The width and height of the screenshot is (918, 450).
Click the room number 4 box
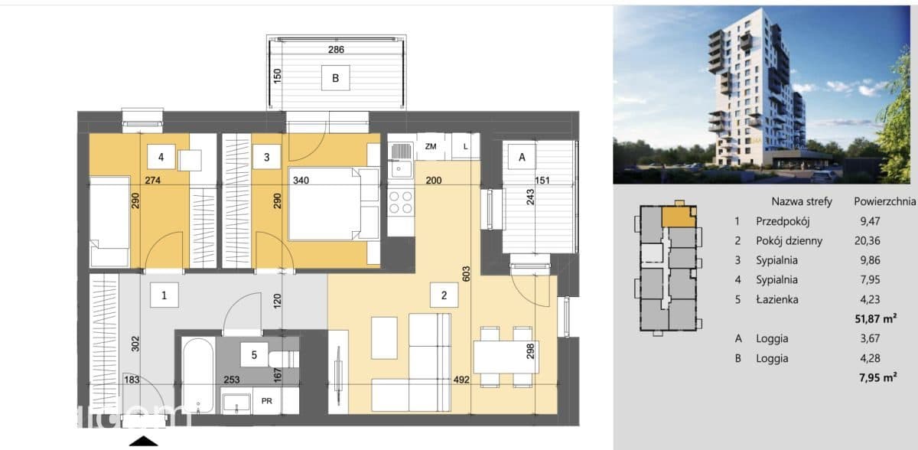[161, 157]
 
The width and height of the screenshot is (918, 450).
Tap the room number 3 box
[267, 157]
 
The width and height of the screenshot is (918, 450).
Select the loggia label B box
[336, 78]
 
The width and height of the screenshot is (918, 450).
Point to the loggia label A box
[522, 157]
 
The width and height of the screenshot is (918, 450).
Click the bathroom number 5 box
[254, 354]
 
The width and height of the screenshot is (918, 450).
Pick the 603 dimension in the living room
[466, 274]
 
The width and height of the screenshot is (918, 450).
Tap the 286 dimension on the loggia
[336, 50]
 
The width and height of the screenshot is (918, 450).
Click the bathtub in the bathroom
[198, 375]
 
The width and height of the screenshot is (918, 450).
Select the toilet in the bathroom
[284, 359]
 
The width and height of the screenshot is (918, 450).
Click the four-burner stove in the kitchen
[401, 203]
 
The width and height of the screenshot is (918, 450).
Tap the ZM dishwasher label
[430, 146]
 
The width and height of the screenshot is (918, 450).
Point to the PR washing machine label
[267, 401]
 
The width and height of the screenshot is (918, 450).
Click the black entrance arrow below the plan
[144, 441]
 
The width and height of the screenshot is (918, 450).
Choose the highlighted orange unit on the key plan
[679, 217]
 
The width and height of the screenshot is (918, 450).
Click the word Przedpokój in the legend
[783, 221]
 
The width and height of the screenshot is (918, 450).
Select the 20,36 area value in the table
[868, 240]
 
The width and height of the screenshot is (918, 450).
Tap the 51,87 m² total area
[876, 318]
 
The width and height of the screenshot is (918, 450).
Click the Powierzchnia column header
[884, 201]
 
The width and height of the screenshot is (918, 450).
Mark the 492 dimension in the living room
[461, 380]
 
